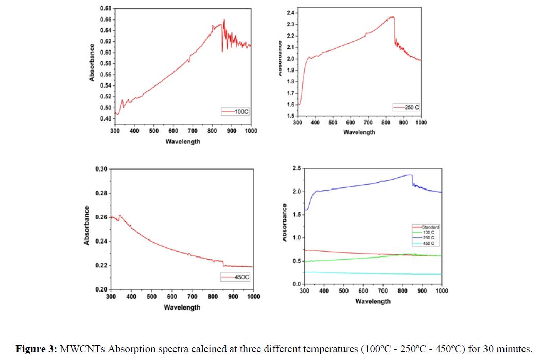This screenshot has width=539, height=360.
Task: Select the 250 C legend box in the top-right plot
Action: [x=406, y=107]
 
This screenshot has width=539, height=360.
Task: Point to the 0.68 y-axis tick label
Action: [x=105, y=9]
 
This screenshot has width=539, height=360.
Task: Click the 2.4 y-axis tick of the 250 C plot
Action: [x=289, y=13]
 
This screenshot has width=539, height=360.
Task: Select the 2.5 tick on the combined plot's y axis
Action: [x=296, y=168]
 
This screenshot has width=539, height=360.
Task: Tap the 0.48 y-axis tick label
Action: [x=105, y=118]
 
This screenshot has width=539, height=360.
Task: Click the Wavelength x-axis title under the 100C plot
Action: [x=183, y=141]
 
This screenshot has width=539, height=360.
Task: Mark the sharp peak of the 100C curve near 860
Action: [x=224, y=20]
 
